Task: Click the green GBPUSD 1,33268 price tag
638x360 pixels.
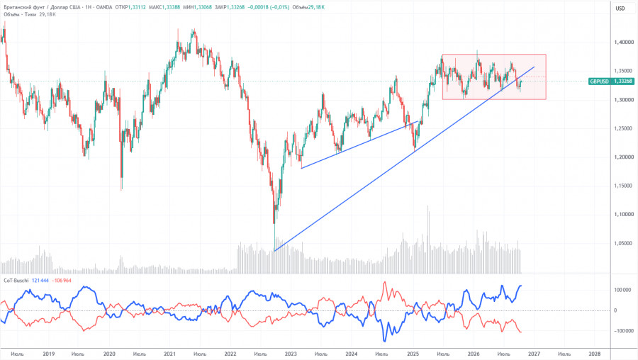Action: pyautogui.click(x=611, y=81)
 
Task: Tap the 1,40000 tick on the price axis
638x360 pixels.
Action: pyautogui.click(x=624, y=43)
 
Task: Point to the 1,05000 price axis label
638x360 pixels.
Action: pyautogui.click(x=624, y=244)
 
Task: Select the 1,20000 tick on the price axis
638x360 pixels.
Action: pyautogui.click(x=624, y=157)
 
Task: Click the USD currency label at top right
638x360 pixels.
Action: pyautogui.click(x=620, y=9)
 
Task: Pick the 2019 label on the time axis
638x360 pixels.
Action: pyautogui.click(x=48, y=354)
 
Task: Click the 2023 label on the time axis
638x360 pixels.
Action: pyautogui.click(x=291, y=354)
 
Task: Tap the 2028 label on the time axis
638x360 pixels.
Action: pyautogui.click(x=595, y=354)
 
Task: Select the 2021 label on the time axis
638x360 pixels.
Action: pyautogui.click(x=169, y=354)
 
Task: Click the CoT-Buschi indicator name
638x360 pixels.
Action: pyautogui.click(x=16, y=281)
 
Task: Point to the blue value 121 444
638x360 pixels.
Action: pyautogui.click(x=40, y=281)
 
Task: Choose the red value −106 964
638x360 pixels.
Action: pyautogui.click(x=62, y=281)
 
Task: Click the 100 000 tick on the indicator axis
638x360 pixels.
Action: pyautogui.click(x=622, y=291)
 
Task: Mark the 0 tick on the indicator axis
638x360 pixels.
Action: pyautogui.click(x=615, y=311)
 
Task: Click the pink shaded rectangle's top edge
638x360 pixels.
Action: pyautogui.click(x=494, y=55)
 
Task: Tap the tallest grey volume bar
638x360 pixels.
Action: pyautogui.click(x=427, y=240)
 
